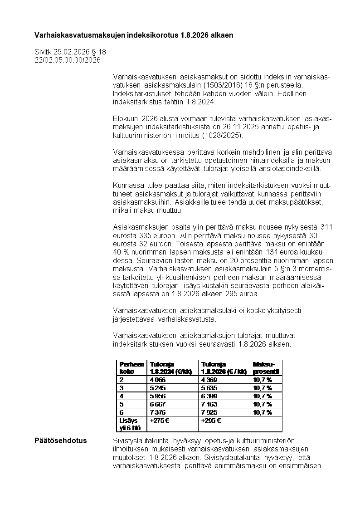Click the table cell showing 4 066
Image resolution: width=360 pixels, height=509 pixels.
click(x=158, y=380)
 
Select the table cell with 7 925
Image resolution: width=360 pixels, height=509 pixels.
click(x=209, y=412)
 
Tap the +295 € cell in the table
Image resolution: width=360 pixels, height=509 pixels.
click(x=211, y=421)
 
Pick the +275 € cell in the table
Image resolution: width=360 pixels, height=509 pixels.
click(x=160, y=421)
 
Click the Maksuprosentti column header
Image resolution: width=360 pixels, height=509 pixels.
click(x=266, y=367)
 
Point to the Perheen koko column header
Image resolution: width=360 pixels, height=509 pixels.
click(x=131, y=367)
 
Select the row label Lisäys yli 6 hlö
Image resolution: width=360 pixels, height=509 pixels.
click(x=130, y=424)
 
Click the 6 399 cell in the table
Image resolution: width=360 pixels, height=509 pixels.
click(x=209, y=396)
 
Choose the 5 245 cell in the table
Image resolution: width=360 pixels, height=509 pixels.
click(x=158, y=388)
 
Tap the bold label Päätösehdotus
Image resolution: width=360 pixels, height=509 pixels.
click(x=61, y=440)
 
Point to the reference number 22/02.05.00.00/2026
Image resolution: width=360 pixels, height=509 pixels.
click(x=68, y=60)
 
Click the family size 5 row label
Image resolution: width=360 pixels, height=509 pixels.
click(x=122, y=404)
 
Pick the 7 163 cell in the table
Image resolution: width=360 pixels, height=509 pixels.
click(x=209, y=404)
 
